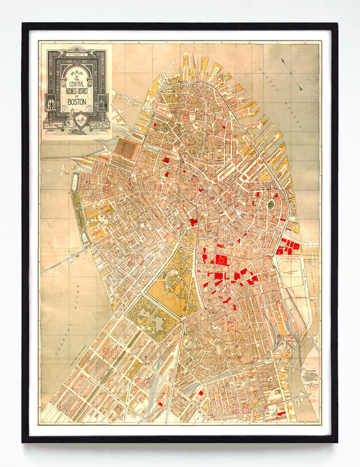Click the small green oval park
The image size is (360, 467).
click(x=272, y=203)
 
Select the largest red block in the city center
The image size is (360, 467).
click(x=220, y=260)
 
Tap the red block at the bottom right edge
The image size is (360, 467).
click(x=281, y=413)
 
